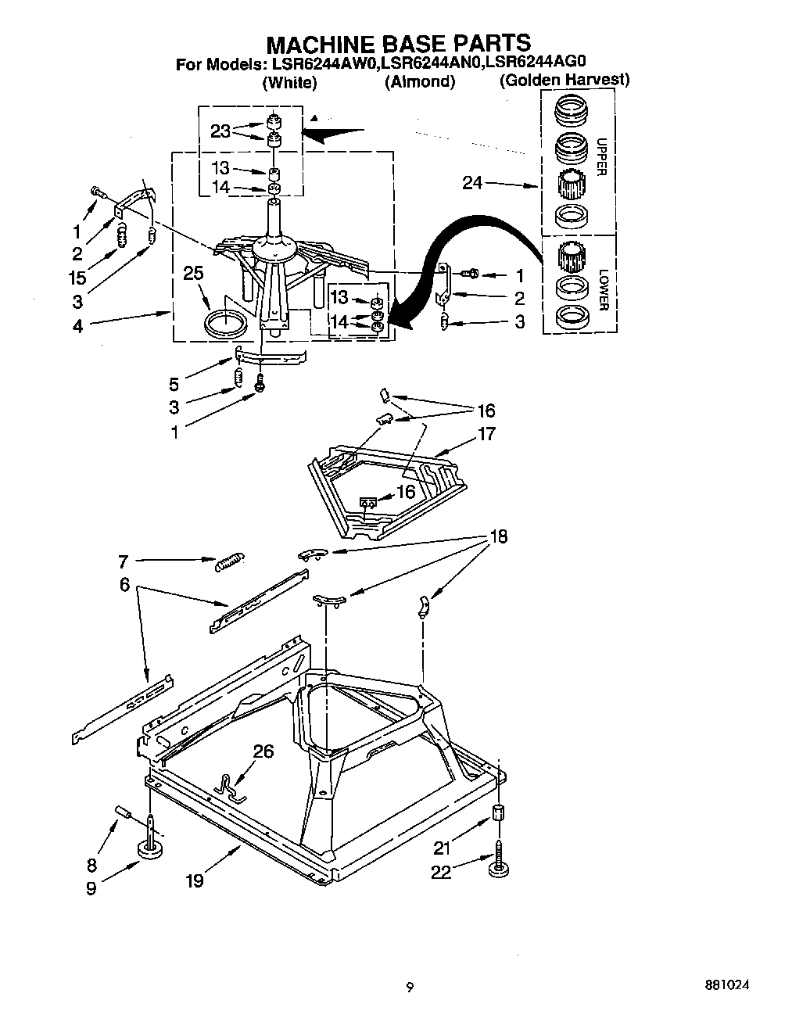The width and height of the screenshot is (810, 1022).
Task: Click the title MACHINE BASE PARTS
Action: pyautogui.click(x=399, y=42)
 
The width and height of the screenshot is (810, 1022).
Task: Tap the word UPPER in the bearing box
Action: pyautogui.click(x=601, y=157)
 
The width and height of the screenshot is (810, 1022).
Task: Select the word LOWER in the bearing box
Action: pyautogui.click(x=602, y=289)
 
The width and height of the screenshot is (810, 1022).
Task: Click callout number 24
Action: pyautogui.click(x=472, y=184)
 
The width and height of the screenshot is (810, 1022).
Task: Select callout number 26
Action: pyautogui.click(x=264, y=751)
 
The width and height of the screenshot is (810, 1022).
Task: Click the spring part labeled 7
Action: pyautogui.click(x=228, y=560)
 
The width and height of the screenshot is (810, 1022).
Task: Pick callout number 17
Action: pyautogui.click(x=486, y=433)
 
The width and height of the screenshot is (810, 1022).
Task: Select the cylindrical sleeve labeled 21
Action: pyautogui.click(x=497, y=815)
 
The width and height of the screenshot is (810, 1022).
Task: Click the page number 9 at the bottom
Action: pyautogui.click(x=408, y=987)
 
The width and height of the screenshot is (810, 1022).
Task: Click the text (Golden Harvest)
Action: pyautogui.click(x=564, y=80)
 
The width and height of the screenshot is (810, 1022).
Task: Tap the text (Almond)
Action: pyautogui.click(x=420, y=81)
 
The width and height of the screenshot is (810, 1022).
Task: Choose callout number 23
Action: pyautogui.click(x=220, y=131)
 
